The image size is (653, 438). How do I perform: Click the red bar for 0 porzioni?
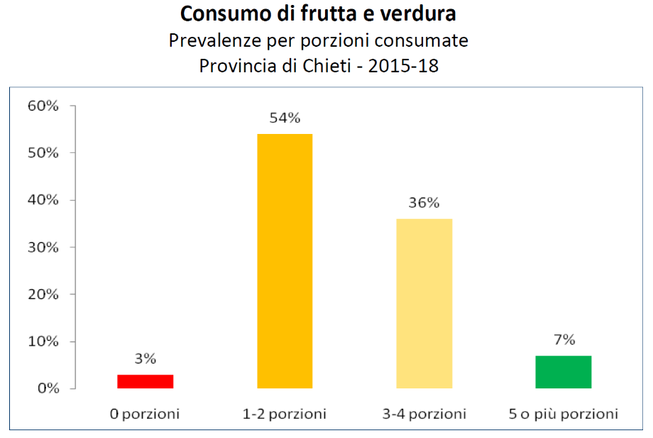[x=146, y=381]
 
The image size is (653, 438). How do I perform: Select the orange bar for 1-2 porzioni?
[x=285, y=261]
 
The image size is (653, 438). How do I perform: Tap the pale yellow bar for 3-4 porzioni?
[x=424, y=303]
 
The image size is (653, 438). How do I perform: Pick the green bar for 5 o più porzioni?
[x=564, y=371]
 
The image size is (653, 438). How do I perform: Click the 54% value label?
[x=285, y=118]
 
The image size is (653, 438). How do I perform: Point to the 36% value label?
[x=424, y=203]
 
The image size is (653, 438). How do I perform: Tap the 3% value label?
[x=146, y=359]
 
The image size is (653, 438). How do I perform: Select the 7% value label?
[x=564, y=340]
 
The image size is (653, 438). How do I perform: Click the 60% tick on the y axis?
[x=43, y=106]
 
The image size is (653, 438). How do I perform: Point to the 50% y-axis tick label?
[x=43, y=153]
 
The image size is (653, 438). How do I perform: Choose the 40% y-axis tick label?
[x=43, y=201]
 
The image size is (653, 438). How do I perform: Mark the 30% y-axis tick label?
[x=43, y=247]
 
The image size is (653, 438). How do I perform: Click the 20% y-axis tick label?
[x=43, y=294]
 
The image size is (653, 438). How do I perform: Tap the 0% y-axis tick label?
[x=46, y=388]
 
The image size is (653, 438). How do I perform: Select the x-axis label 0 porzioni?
[x=146, y=414]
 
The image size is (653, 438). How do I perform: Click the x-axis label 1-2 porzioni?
[x=285, y=414]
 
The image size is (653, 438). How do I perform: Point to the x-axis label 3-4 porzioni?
[x=424, y=414]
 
